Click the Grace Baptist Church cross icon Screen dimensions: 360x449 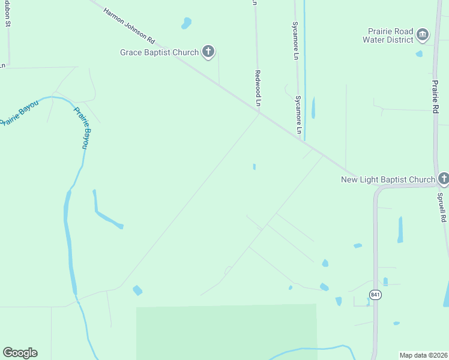point(208,52)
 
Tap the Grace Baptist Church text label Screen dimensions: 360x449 point(159,52)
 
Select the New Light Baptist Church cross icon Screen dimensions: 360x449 point(443,178)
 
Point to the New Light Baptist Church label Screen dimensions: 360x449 point(388,179)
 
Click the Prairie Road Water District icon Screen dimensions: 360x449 point(423,34)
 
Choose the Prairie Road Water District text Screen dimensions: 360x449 point(388,35)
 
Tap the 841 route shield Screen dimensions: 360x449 point(375,295)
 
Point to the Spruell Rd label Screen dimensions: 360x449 point(442,208)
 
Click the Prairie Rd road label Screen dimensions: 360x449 point(436,96)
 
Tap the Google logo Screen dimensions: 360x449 point(20,353)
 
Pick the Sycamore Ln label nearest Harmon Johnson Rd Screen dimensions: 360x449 point(298,114)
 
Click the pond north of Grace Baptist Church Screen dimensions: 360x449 point(187,23)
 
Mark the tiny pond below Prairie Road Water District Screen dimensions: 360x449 point(419,53)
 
